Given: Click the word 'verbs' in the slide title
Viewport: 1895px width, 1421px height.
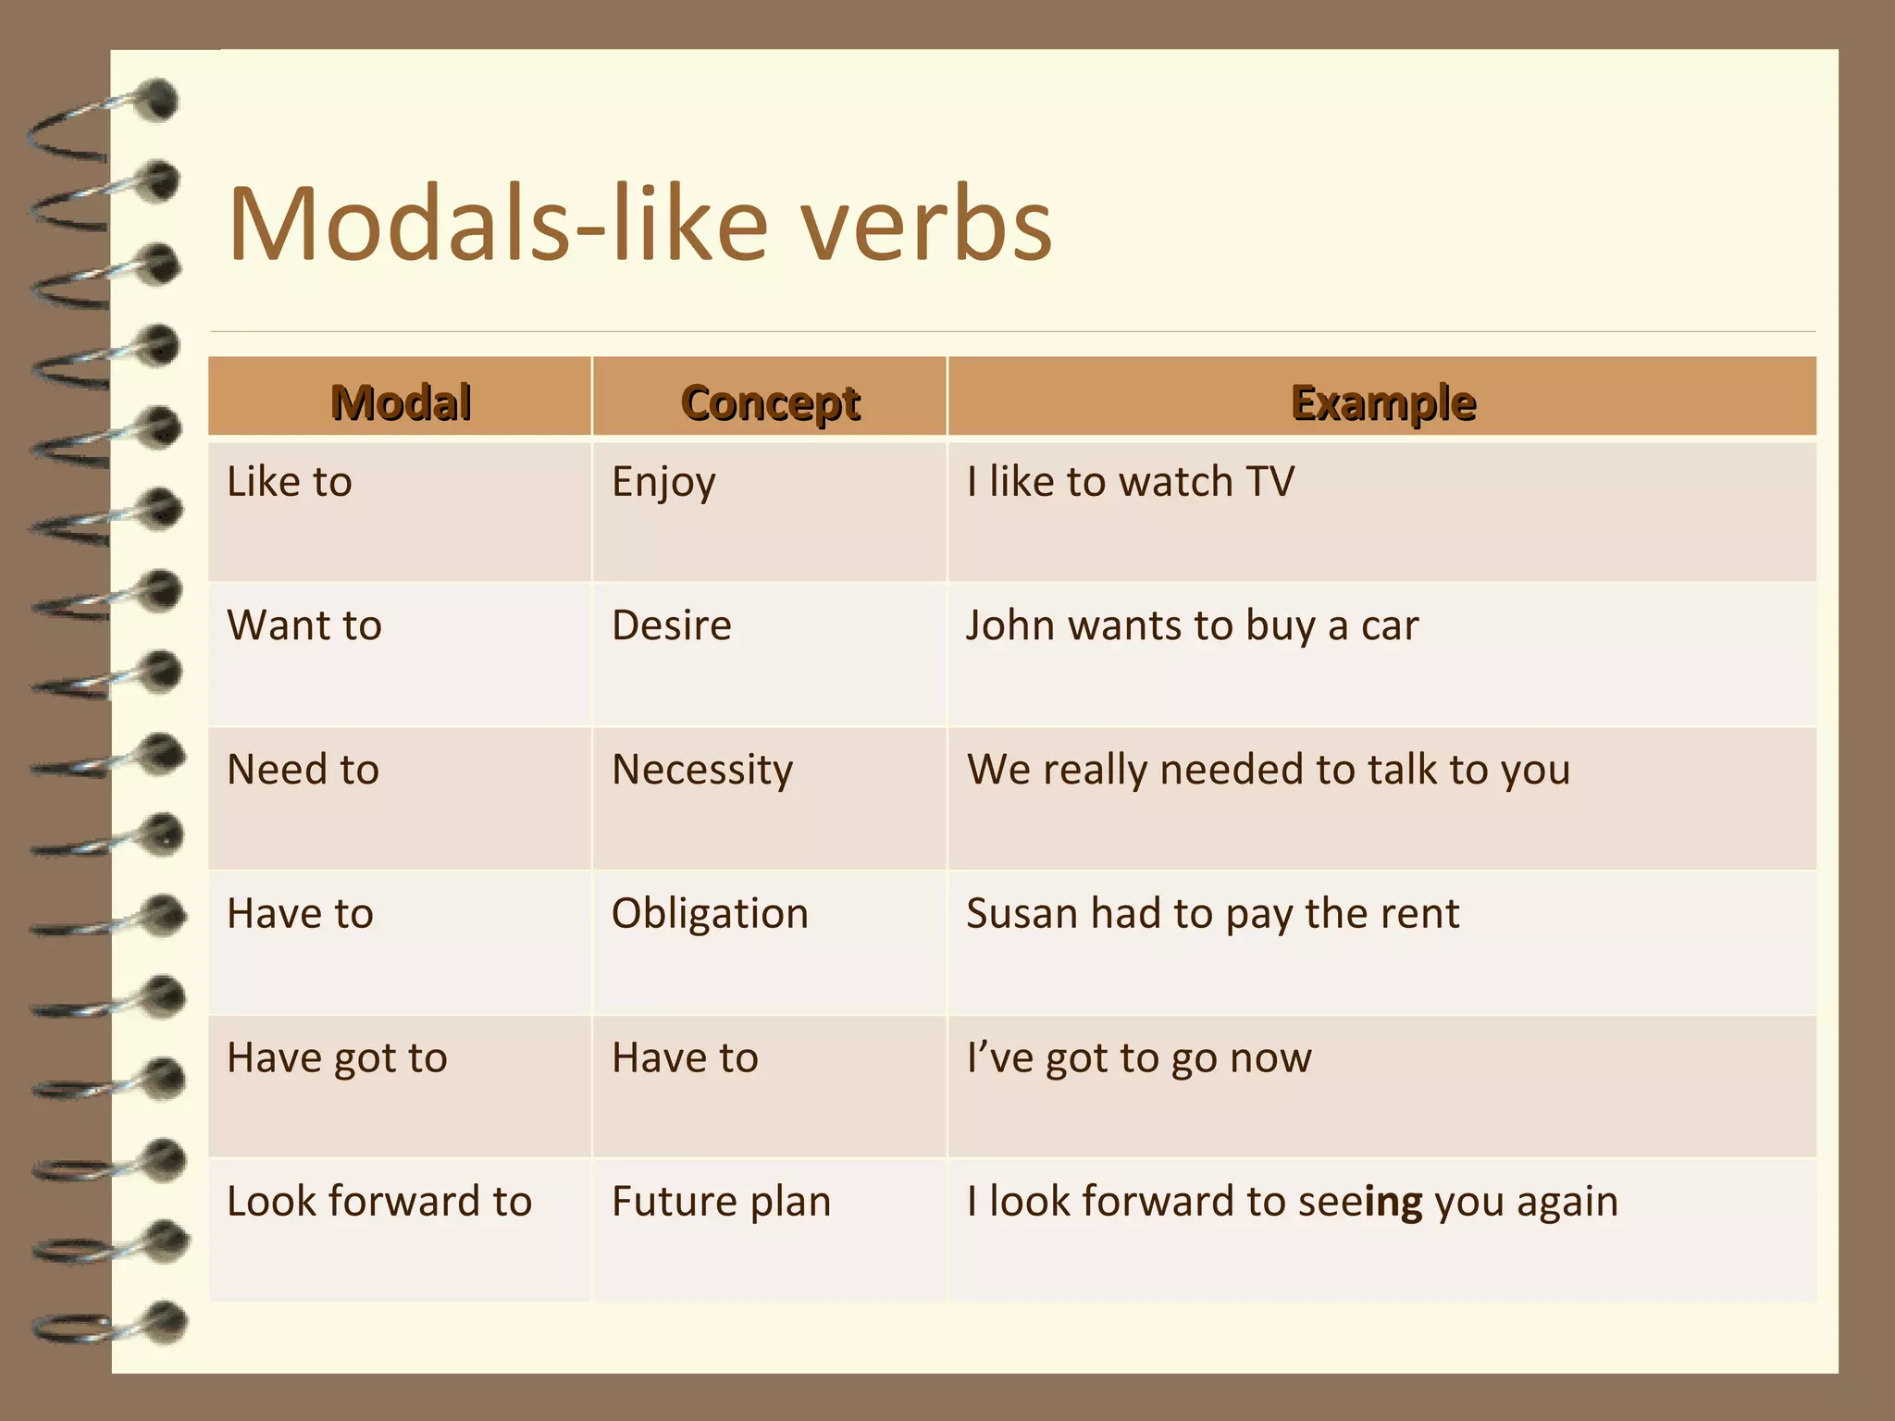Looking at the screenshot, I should (x=926, y=225).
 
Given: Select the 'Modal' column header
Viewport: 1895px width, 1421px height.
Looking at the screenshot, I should (x=401, y=402).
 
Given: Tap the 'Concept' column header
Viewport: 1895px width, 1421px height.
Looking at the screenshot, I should (x=770, y=402).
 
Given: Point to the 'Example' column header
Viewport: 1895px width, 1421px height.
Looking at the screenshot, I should (x=1382, y=402).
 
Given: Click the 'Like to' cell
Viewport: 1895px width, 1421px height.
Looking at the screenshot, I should (x=290, y=482).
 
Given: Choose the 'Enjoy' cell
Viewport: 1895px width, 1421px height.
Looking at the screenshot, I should (x=663, y=483).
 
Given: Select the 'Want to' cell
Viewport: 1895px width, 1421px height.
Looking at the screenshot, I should (x=304, y=625).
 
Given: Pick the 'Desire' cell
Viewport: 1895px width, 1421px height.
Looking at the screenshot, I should (x=672, y=625).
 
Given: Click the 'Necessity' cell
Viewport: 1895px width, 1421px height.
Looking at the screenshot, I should (x=702, y=770).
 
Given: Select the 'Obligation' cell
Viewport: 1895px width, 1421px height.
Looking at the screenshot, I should (x=710, y=914).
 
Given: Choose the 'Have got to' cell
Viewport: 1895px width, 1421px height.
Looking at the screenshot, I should (x=337, y=1057).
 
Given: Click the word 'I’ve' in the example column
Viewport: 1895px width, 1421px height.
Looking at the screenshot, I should (x=999, y=1057).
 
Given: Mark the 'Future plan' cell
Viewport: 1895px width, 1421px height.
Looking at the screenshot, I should (x=721, y=1202).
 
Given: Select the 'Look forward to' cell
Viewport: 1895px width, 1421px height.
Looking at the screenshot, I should (x=379, y=1202).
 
